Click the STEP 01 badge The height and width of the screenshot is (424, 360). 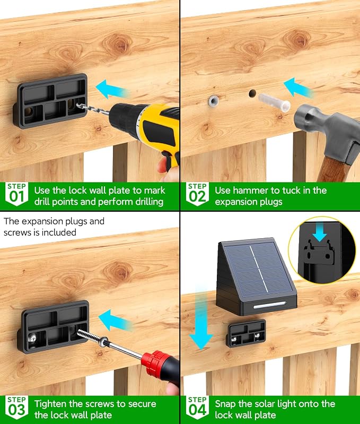(x=16, y=194)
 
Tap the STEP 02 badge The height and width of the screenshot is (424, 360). (x=197, y=194)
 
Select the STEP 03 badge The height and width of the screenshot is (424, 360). (x=16, y=407)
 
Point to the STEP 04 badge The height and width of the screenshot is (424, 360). (x=197, y=407)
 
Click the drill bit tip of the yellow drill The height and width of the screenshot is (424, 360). (x=77, y=105)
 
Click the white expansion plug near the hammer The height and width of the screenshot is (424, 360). (x=274, y=102)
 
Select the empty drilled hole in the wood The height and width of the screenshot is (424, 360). (x=252, y=93)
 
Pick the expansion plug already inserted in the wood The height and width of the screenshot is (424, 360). (x=213, y=101)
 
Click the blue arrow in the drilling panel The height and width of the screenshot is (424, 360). (x=112, y=89)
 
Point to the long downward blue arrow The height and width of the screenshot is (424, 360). (x=200, y=317)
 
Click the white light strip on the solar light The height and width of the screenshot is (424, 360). (x=269, y=305)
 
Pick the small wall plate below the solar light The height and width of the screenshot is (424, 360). (x=246, y=333)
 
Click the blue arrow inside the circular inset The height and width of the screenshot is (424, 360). (x=320, y=232)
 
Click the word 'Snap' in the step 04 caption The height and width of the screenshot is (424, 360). (x=225, y=404)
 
